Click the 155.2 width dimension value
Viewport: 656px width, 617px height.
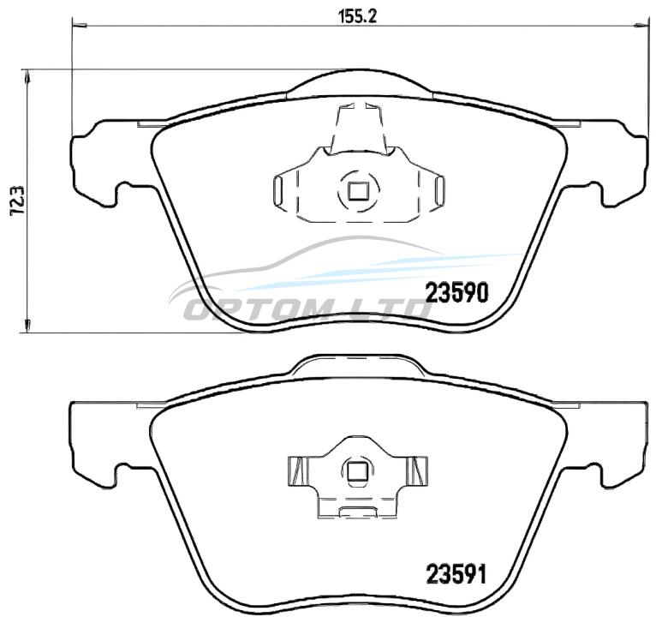[x=357, y=16]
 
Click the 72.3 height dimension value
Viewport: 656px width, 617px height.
[x=18, y=201]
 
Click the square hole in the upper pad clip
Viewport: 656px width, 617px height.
[x=359, y=192]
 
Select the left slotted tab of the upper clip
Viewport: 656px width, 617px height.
[x=277, y=191]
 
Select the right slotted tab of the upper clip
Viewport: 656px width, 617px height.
[x=439, y=191]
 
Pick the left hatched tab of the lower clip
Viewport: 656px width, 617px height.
[x=297, y=471]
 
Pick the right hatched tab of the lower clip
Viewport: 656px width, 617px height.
[x=419, y=471]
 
